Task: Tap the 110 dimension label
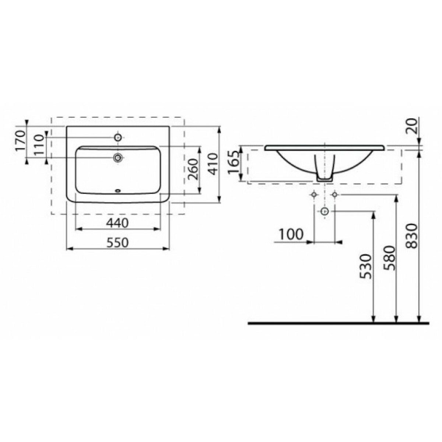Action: click(40, 145)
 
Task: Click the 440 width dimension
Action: click(117, 223)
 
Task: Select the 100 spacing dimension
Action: click(291, 234)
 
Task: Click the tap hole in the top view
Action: click(118, 137)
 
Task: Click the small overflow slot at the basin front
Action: click(118, 191)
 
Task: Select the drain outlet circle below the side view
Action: click(325, 211)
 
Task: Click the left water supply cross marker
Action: click(314, 194)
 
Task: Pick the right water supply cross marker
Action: click(335, 194)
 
